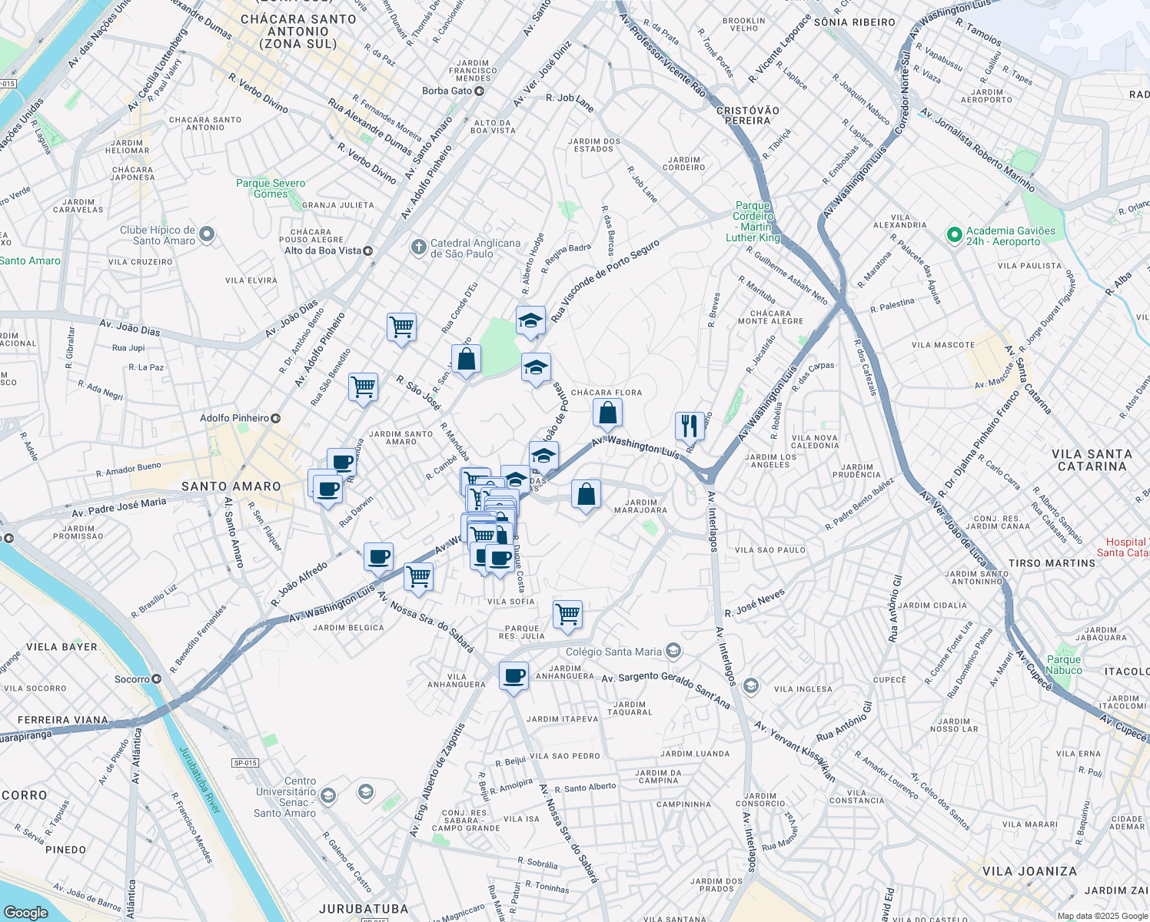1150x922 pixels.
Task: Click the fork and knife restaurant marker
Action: click(690, 426)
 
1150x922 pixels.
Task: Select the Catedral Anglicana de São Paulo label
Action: click(474, 248)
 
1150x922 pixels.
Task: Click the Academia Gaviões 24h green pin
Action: click(955, 235)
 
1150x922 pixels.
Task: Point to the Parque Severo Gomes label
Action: click(271, 188)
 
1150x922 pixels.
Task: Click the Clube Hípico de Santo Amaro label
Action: click(158, 235)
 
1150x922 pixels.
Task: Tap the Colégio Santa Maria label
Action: click(613, 652)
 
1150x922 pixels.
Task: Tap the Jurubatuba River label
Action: click(199, 780)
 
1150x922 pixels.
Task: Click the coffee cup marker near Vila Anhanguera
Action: click(514, 677)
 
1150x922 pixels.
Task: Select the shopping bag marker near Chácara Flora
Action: click(607, 413)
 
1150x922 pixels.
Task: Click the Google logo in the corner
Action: click(25, 912)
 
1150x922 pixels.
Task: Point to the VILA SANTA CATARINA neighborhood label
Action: click(1092, 460)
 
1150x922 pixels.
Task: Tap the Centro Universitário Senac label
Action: click(286, 797)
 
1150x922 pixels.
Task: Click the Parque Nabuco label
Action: click(1064, 665)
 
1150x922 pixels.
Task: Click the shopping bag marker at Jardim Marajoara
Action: click(586, 495)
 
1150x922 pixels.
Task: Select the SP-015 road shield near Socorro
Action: click(245, 763)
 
